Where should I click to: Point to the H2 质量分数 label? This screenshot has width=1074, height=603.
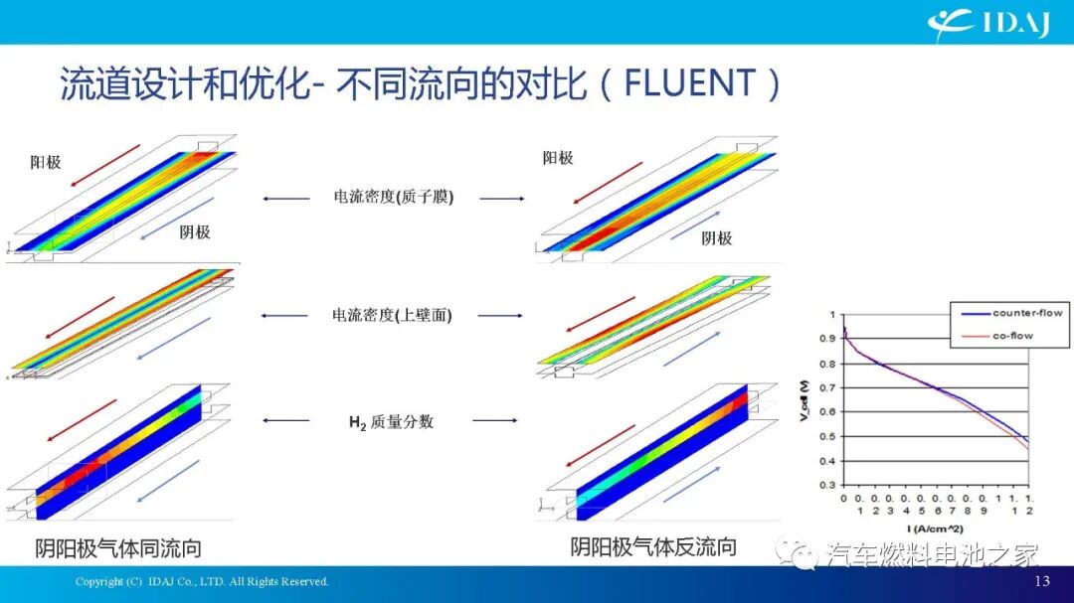click(391, 421)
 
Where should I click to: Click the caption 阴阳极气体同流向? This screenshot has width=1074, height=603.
click(118, 548)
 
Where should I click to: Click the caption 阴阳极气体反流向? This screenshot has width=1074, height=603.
click(653, 546)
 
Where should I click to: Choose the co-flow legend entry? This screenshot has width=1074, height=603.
click(1012, 336)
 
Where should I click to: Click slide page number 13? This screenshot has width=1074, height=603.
click(1042, 581)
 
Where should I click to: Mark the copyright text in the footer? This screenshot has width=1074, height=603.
click(202, 581)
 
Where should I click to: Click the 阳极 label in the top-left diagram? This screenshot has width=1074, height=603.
click(46, 161)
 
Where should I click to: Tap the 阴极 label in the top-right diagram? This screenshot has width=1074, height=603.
click(716, 237)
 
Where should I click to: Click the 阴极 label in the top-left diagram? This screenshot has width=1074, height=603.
click(195, 231)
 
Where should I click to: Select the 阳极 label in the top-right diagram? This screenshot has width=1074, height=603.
click(558, 157)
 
